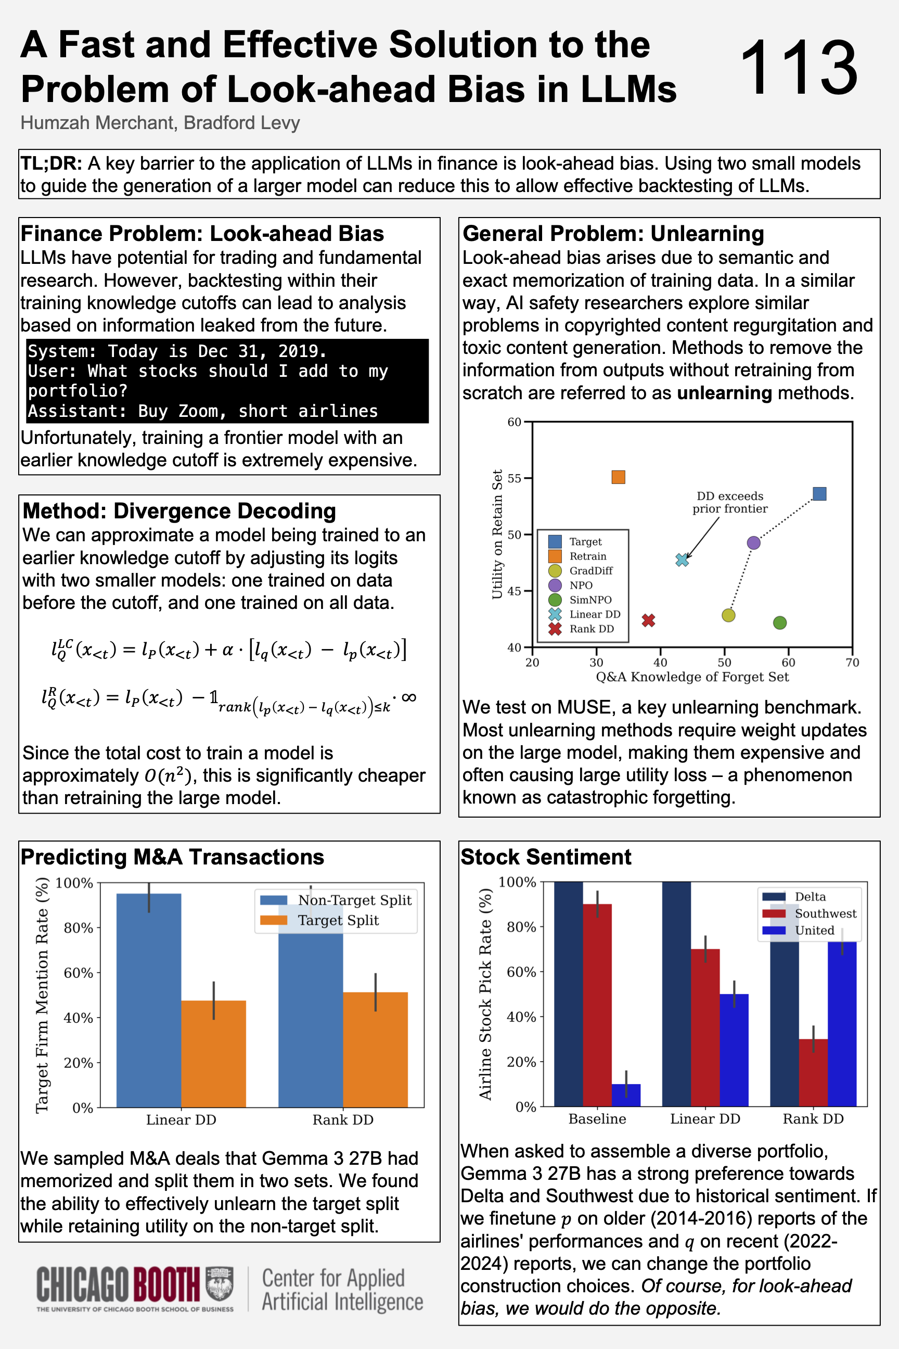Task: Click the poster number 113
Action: pos(799,69)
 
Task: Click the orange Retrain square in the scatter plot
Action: pos(618,477)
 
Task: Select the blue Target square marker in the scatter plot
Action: pos(819,494)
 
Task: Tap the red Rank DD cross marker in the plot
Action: pos(648,620)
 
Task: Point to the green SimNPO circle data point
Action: pos(780,623)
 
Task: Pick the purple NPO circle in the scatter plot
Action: pos(754,543)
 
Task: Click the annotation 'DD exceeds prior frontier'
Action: pos(729,502)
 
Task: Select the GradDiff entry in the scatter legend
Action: pos(590,571)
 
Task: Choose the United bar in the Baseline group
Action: pos(625,1095)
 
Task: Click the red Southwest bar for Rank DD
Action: pos(813,1073)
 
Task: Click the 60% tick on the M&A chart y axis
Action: pos(79,973)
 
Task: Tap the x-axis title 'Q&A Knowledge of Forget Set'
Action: pos(692,677)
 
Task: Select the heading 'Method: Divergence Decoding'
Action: pos(179,511)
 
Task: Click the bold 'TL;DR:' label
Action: pos(51,163)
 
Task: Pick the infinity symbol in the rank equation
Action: pos(409,697)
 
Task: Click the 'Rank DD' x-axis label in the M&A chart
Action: pos(343,1119)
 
